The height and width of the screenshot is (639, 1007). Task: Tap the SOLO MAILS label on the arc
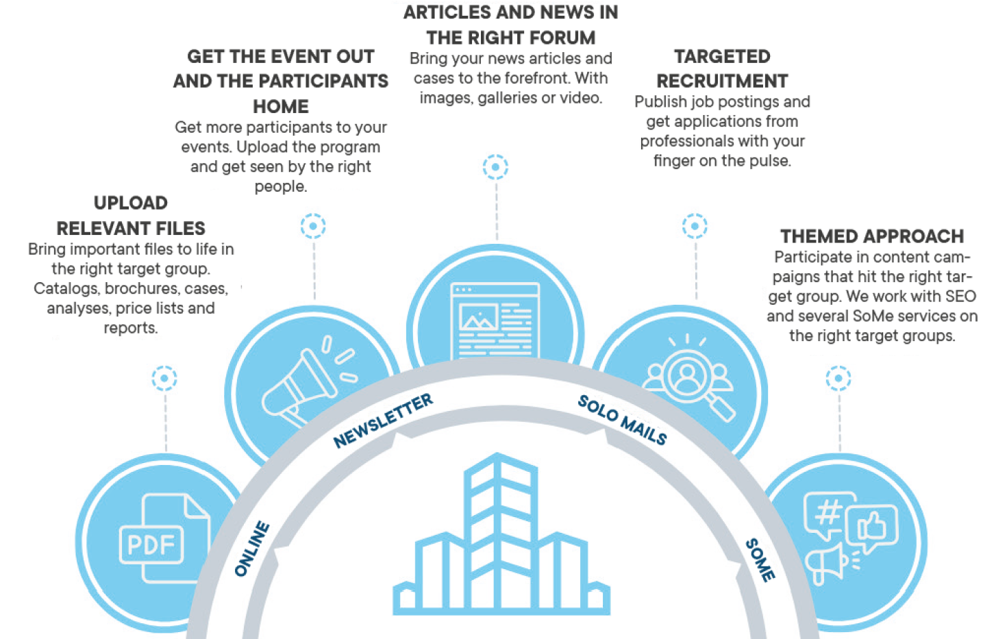[622, 419]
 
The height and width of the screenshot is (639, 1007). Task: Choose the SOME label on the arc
[760, 560]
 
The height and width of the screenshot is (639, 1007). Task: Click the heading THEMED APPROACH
[871, 236]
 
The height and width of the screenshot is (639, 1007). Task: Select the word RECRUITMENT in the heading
[722, 82]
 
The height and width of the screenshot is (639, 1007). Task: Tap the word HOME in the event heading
[281, 107]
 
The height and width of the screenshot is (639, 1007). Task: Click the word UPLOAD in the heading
[131, 203]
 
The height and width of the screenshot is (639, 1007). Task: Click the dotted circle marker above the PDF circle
[164, 378]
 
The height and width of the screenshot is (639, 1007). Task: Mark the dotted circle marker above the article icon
[495, 166]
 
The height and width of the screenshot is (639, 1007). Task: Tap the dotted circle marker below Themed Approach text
[838, 378]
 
